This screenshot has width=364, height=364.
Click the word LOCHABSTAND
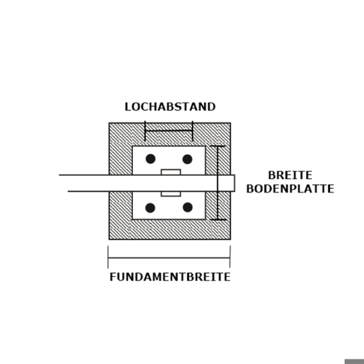coord(170,107)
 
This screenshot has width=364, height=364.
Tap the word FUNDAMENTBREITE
coord(170,277)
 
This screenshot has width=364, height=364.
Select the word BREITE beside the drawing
coord(290,175)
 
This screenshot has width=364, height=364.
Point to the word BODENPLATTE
coord(290,189)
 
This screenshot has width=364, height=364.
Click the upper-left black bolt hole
coord(150,159)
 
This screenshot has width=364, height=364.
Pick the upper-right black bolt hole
coord(187,159)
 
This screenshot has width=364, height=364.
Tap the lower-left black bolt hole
coord(150,208)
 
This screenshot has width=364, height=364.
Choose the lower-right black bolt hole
coord(187,207)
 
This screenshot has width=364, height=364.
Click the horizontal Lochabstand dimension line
coord(169,131)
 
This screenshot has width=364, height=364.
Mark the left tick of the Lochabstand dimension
coord(145,131)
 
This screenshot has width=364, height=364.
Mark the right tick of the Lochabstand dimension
coord(193,131)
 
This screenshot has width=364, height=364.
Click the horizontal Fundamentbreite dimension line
coord(169,257)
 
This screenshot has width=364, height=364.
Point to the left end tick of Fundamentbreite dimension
coord(108,257)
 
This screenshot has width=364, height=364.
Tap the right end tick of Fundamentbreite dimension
coord(230,257)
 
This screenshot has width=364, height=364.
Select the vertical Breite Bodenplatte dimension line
coord(218,183)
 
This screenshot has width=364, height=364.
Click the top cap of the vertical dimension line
coord(218,146)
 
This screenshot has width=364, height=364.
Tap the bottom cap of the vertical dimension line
coord(218,220)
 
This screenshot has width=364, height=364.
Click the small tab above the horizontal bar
coord(171,172)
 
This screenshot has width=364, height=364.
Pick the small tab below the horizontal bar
coord(171,194)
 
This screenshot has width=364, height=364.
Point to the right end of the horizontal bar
coord(235,183)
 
